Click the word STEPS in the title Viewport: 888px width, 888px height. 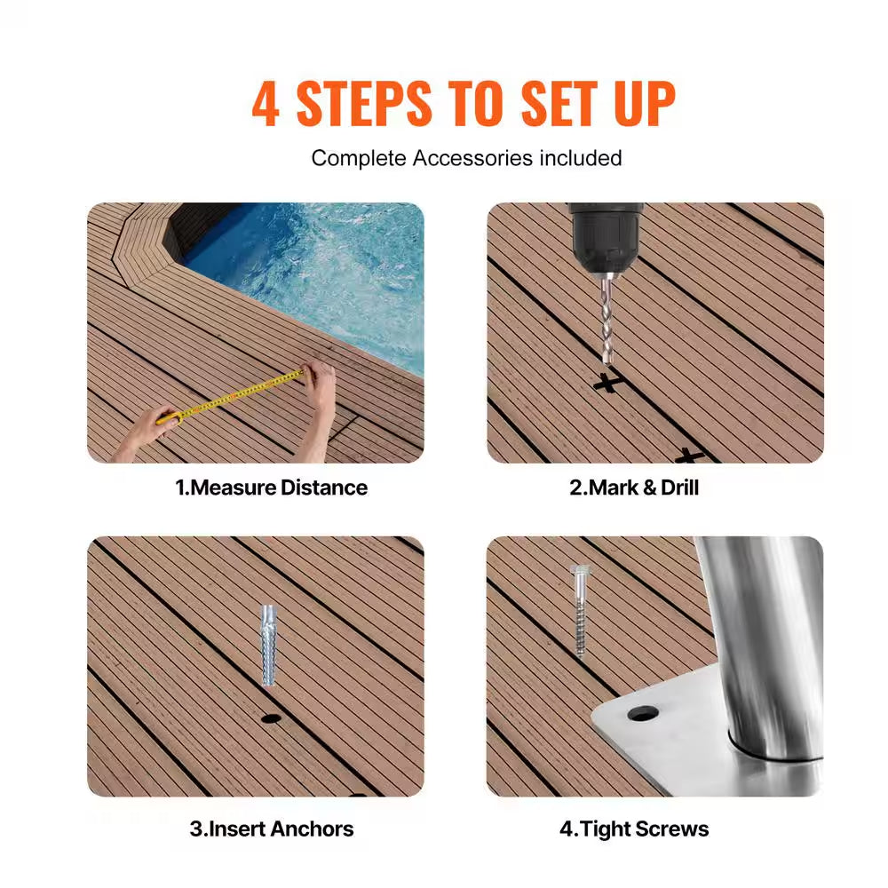[x=364, y=105]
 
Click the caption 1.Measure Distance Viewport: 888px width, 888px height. [x=271, y=488]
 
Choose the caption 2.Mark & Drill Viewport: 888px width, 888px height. [x=634, y=488]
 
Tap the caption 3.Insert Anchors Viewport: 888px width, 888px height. [x=271, y=829]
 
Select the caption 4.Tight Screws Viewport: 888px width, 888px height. [x=634, y=829]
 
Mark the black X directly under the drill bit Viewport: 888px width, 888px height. [x=607, y=384]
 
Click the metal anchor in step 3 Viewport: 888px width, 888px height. [x=269, y=645]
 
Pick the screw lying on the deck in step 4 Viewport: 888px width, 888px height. [x=579, y=611]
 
